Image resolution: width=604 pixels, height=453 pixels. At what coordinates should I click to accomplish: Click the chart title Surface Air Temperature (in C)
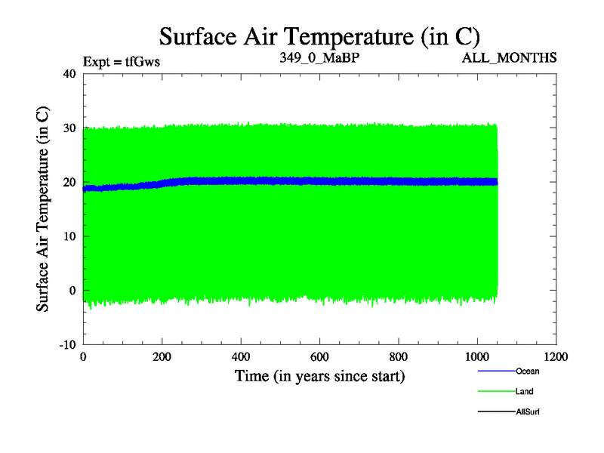click(x=319, y=35)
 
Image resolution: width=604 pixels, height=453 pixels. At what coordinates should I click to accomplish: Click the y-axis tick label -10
click(x=68, y=344)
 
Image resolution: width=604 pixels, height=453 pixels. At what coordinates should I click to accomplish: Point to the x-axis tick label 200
click(x=162, y=356)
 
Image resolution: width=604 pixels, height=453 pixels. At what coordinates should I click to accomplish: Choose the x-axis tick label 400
click(x=241, y=356)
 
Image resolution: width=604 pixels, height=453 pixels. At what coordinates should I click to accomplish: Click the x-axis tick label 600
click(x=319, y=356)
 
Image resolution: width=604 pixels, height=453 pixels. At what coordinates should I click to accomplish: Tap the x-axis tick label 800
click(x=399, y=356)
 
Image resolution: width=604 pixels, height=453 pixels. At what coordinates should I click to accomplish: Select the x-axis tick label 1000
click(x=477, y=356)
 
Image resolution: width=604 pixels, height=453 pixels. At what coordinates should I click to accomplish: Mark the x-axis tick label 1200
click(x=556, y=356)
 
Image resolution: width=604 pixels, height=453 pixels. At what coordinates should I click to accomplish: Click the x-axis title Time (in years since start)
click(x=319, y=375)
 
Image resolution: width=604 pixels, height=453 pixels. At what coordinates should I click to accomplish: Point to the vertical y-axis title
click(x=44, y=209)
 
